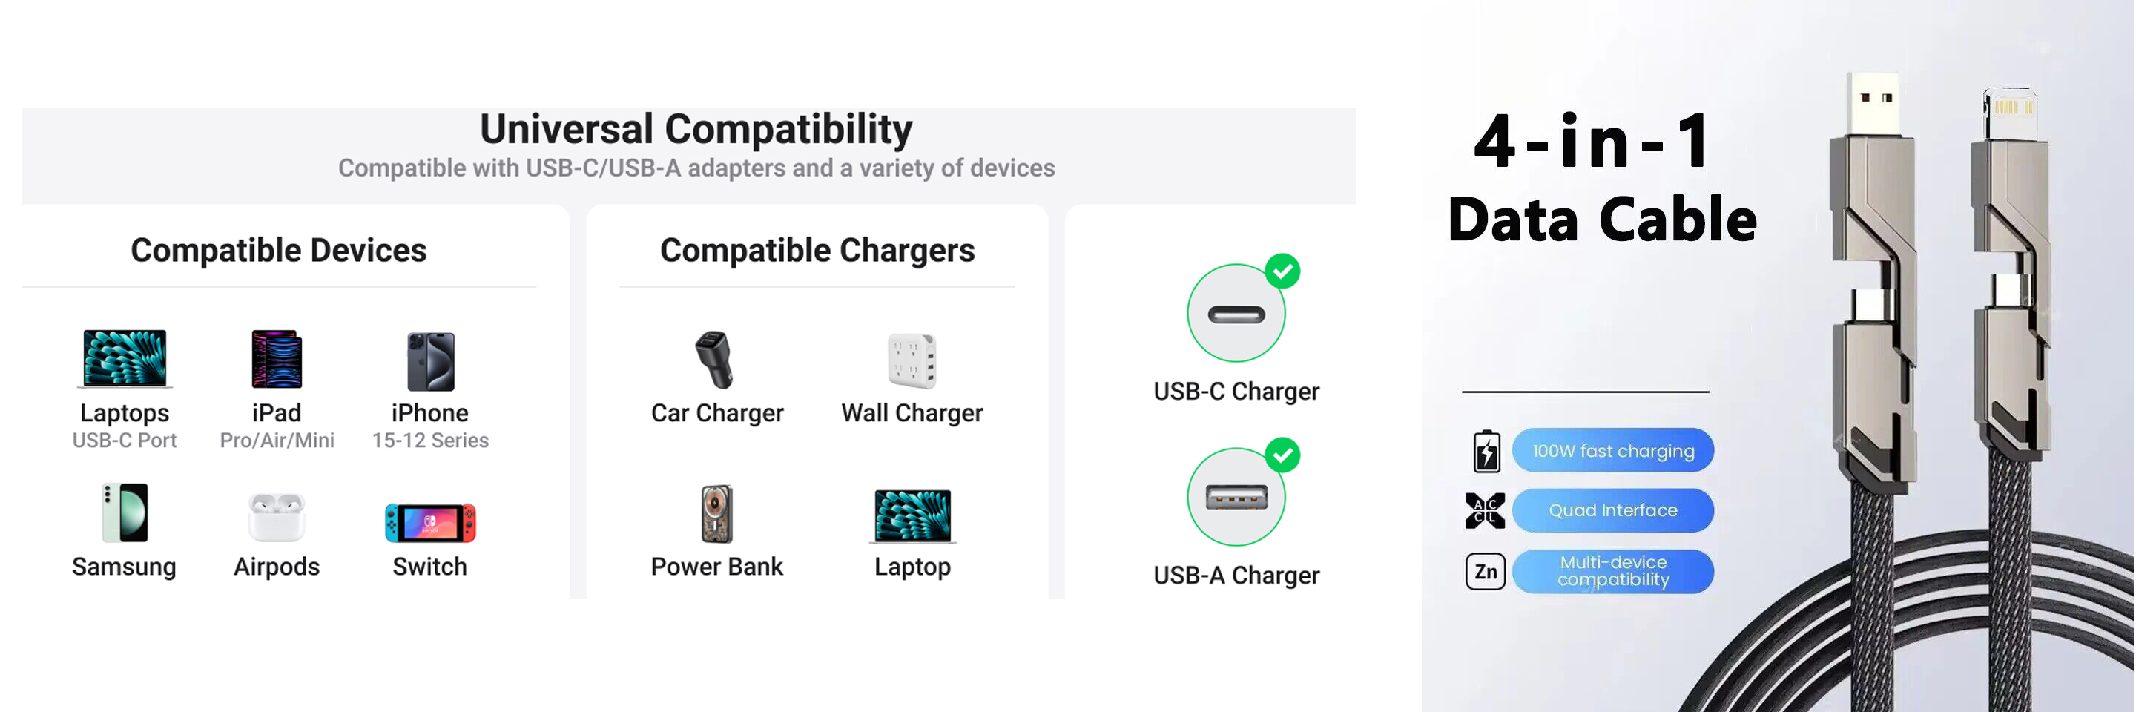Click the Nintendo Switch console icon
429,522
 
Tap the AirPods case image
276,515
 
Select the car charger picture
714,360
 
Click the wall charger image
912,360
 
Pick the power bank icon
716,514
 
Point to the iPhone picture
430,361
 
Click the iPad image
277,359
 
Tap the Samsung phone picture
125,513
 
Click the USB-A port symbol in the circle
1236,498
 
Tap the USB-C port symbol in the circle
1236,314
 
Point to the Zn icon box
1485,571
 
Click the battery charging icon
1486,452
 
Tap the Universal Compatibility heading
696,129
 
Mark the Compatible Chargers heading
817,251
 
